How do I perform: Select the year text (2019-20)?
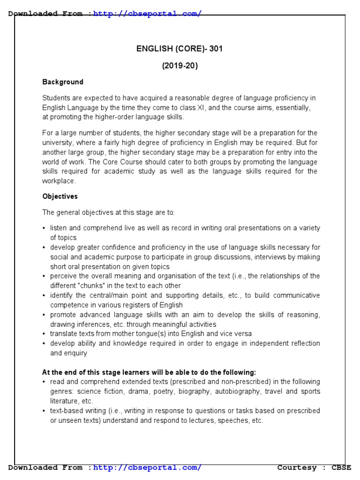[180, 66]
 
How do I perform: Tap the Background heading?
[63, 82]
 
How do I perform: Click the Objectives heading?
[60, 196]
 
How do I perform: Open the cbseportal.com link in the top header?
[147, 14]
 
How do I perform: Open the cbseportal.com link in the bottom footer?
[147, 467]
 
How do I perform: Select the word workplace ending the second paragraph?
[59, 181]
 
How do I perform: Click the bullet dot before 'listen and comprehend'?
[45, 228]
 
